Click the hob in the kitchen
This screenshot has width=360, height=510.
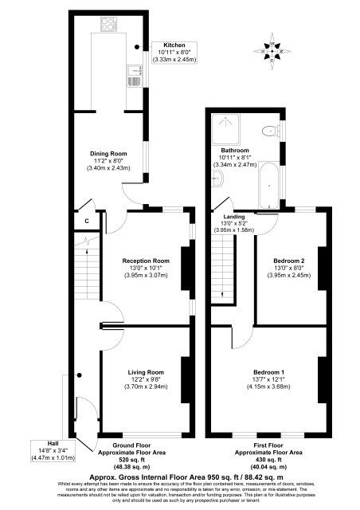point(106,25)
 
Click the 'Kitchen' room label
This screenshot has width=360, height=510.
point(174,45)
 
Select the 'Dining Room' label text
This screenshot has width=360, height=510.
point(108,153)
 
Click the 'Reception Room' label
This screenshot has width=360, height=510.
point(145,260)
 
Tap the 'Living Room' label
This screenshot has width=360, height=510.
point(145,371)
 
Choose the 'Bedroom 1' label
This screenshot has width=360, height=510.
point(268,372)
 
